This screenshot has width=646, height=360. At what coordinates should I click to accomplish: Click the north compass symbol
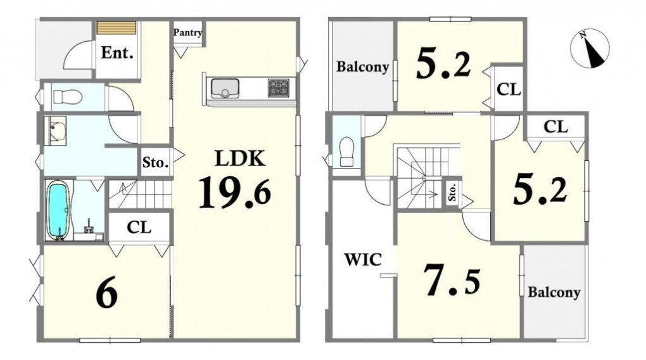click(x=590, y=49)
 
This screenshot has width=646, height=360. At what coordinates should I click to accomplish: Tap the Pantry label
click(x=187, y=32)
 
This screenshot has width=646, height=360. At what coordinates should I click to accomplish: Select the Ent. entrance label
click(x=117, y=53)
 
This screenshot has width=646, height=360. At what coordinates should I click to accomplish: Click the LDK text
click(x=240, y=158)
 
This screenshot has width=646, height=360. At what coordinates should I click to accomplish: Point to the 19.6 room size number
click(x=235, y=192)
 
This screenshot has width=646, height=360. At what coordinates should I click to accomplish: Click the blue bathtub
click(x=58, y=210)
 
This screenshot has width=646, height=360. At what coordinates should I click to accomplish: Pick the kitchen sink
click(x=225, y=88)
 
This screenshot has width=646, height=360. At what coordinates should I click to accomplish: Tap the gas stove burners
click(x=279, y=88)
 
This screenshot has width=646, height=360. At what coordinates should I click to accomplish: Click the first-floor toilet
click(x=66, y=98)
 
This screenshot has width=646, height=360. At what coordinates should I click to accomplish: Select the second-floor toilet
click(x=347, y=151)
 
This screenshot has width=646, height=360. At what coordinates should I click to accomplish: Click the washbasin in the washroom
click(x=55, y=130)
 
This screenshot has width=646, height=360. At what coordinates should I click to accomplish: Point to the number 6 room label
click(x=106, y=296)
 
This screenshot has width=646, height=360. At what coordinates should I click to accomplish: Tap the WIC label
click(x=363, y=260)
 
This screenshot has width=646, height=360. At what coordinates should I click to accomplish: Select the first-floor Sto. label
click(x=155, y=162)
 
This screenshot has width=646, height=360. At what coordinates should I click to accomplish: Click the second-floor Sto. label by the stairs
click(x=452, y=192)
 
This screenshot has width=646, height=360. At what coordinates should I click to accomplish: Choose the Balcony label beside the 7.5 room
click(x=554, y=292)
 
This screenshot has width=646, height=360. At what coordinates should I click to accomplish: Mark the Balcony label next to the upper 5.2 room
click(x=362, y=67)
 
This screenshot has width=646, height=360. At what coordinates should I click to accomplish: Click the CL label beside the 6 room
click(x=139, y=227)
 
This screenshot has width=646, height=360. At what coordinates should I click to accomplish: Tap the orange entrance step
click(x=117, y=29)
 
